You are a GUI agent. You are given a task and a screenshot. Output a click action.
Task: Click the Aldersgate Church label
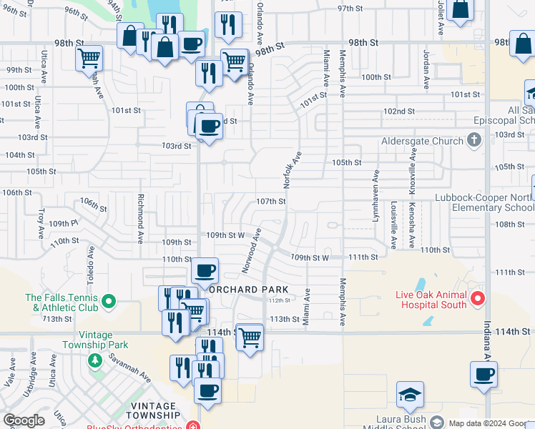(x=422, y=141)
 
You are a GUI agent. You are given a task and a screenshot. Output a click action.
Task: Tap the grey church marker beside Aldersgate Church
(x=473, y=141)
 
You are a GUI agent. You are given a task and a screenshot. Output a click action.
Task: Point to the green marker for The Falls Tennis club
(x=109, y=301)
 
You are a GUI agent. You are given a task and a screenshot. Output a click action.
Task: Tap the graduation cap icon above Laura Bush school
(x=410, y=395)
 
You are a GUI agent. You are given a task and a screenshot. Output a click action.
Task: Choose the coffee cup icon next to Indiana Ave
(x=484, y=374)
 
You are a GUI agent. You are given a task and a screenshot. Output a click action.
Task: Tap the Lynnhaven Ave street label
(x=376, y=195)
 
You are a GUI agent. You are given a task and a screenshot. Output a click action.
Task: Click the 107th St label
(x=271, y=202)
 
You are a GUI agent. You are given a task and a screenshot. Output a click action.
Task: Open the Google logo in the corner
(x=24, y=420)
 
